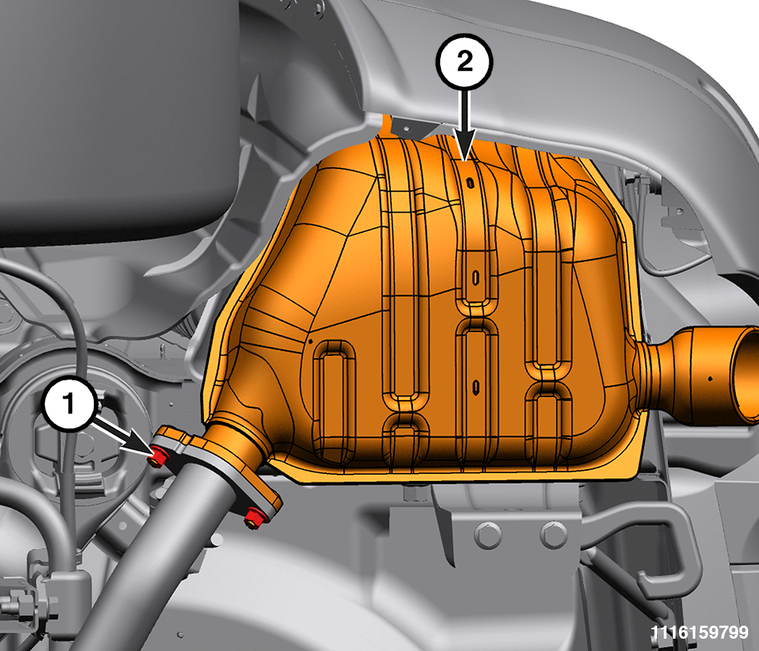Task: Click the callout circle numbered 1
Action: [x=69, y=404]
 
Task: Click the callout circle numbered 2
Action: [x=464, y=61]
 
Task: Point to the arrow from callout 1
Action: [x=124, y=438]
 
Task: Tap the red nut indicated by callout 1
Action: [x=158, y=456]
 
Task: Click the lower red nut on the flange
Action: [x=254, y=517]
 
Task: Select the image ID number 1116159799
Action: [x=699, y=632]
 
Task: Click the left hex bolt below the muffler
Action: [x=488, y=535]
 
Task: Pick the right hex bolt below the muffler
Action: [x=553, y=535]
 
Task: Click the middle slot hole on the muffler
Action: [x=476, y=278]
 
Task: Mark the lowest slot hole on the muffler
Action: [x=476, y=386]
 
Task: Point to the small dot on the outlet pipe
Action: [x=710, y=378]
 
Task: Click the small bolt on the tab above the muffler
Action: [x=406, y=128]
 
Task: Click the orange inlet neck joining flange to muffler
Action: [x=237, y=441]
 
